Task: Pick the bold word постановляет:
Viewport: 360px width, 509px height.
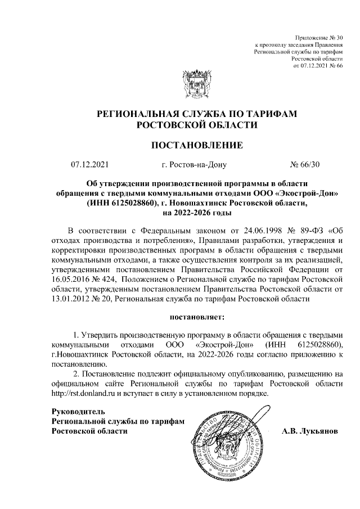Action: point(197,318)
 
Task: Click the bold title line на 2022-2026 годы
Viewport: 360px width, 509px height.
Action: point(197,213)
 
